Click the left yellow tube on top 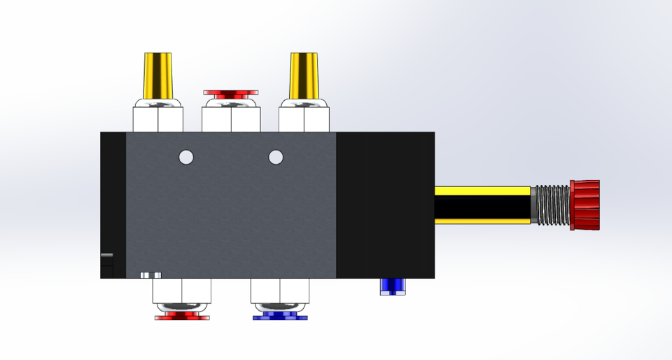[x=159, y=76]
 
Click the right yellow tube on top [x=306, y=76]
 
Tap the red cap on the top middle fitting [x=231, y=93]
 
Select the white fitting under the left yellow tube [x=159, y=117]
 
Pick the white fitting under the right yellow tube [x=304, y=117]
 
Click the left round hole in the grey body [x=185, y=157]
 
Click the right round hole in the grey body [x=276, y=157]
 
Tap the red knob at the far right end [x=585, y=205]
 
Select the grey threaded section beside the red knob [x=552, y=205]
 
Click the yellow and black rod [x=482, y=205]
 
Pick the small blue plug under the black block [x=393, y=286]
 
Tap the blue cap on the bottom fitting [x=280, y=317]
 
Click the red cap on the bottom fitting [x=182, y=317]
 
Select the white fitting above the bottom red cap [x=182, y=291]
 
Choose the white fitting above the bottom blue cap [x=280, y=291]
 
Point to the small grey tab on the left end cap [x=106, y=255]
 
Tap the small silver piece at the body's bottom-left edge [x=150, y=275]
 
